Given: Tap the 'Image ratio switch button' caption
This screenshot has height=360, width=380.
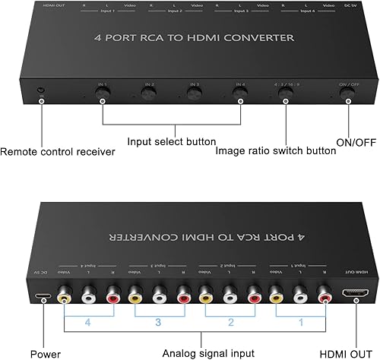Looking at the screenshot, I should tap(286, 150).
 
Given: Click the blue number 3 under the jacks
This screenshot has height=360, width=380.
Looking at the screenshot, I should tap(157, 321).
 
